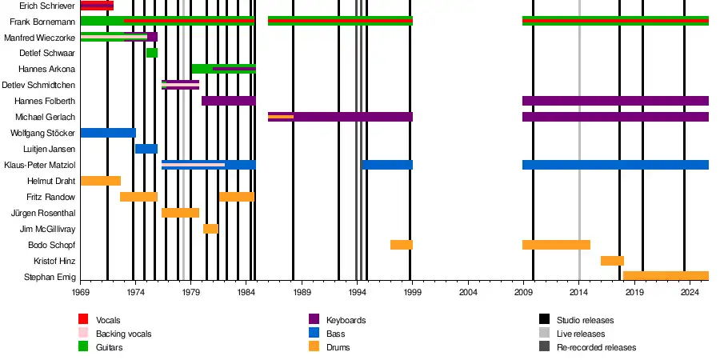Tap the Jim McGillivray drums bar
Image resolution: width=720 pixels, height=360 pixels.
[x=210, y=229]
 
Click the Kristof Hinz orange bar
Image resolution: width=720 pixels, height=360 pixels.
[x=612, y=261]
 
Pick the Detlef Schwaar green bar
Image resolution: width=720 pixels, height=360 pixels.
[x=152, y=53]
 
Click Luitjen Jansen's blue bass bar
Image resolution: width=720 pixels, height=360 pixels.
[x=146, y=149]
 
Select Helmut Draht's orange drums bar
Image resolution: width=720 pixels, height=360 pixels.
[x=101, y=181]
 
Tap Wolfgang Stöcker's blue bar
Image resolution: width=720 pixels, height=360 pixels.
[x=108, y=133]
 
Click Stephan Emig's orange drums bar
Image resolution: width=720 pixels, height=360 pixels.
[x=666, y=276]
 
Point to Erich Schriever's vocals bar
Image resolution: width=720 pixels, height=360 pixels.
[x=97, y=6]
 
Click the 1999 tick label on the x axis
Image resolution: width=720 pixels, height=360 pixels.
[x=413, y=293]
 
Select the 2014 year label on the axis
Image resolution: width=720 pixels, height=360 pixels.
[x=580, y=293]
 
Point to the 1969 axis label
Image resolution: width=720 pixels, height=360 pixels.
[x=81, y=293]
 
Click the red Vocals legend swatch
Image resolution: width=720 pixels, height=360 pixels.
[x=82, y=320]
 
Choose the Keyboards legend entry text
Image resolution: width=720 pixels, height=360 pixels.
[x=346, y=320]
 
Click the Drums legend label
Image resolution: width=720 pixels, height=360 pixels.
[x=338, y=347]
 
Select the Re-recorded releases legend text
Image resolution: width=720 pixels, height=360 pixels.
[x=596, y=347]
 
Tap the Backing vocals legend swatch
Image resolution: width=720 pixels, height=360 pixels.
[x=82, y=334]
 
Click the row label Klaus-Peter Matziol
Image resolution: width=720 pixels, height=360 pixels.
[x=40, y=166]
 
